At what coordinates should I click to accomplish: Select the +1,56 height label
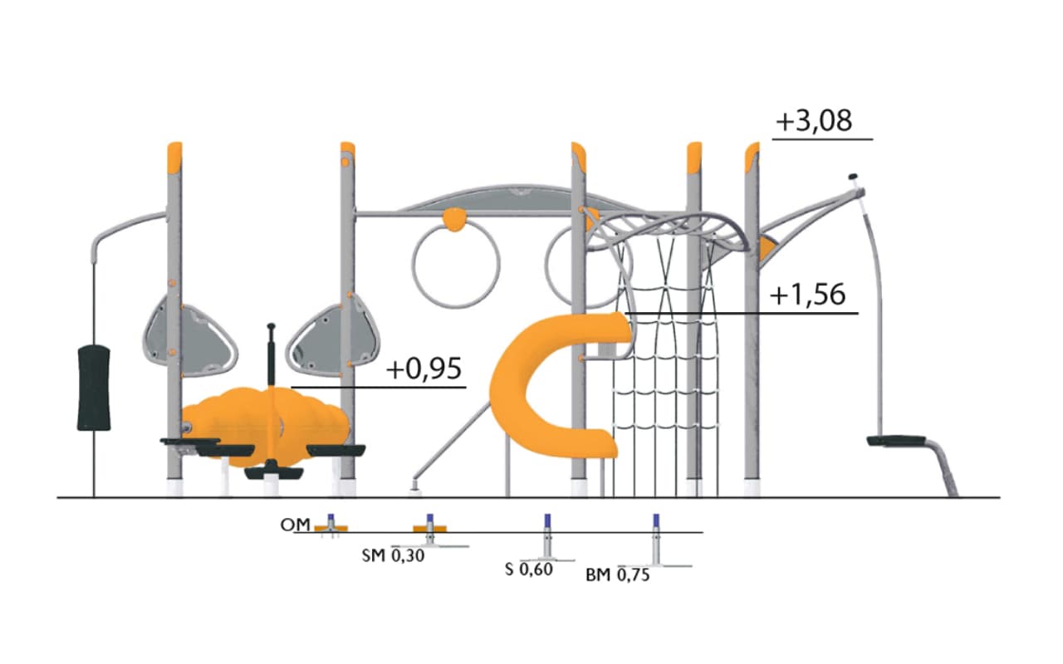[808, 295]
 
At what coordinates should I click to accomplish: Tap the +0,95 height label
[424, 369]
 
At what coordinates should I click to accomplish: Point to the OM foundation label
[295, 525]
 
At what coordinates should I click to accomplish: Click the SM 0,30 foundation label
[393, 556]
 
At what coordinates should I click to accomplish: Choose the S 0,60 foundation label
[529, 569]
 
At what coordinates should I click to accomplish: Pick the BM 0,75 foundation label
[617, 575]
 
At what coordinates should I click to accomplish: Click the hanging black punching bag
[94, 388]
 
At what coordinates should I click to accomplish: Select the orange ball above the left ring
[454, 220]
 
